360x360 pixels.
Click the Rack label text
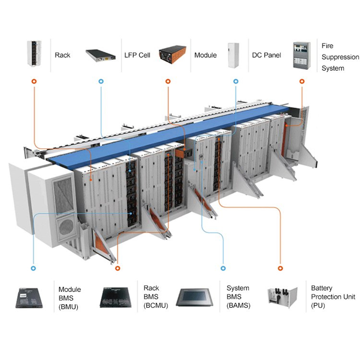(x=63, y=55)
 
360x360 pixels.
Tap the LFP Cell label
(x=137, y=55)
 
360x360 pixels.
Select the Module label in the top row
(x=206, y=55)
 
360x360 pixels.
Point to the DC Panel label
(x=266, y=55)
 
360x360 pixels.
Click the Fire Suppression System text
(x=340, y=57)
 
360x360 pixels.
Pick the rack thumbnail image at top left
(x=34, y=54)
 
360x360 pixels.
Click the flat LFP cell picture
(x=100, y=55)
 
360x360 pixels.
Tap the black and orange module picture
(x=172, y=54)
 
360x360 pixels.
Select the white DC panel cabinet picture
(x=233, y=55)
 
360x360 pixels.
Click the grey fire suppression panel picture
(x=301, y=55)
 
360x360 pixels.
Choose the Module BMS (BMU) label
(x=70, y=298)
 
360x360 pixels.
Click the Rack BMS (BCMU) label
(x=156, y=297)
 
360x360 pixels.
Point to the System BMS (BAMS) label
(x=238, y=297)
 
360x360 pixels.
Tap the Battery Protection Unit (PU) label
(x=333, y=297)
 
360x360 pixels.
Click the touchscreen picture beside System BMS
(x=194, y=297)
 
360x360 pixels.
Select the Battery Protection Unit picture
(x=283, y=297)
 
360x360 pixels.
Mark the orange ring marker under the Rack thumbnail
(x=34, y=81)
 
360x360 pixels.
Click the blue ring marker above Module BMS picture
(x=33, y=268)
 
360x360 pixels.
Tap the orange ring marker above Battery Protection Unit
(x=280, y=268)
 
